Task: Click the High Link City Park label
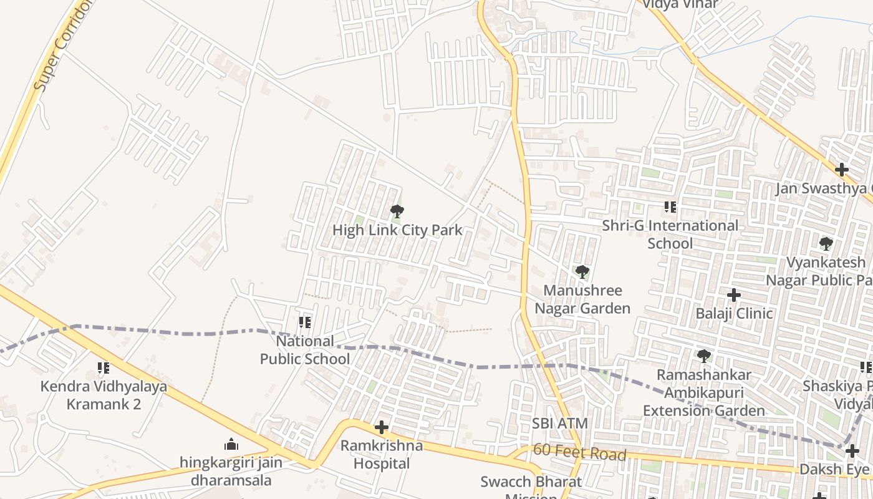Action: point(397,230)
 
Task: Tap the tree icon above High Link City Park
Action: point(397,212)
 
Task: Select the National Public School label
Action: point(305,350)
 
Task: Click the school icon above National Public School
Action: point(305,322)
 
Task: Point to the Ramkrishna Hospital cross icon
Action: point(381,427)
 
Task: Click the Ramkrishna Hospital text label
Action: point(381,455)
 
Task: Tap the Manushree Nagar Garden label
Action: point(582,299)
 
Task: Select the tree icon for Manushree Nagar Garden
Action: point(582,272)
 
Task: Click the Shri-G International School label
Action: point(670,234)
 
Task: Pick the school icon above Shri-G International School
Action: point(670,207)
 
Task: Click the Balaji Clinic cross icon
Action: point(734,294)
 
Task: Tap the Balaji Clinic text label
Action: point(734,313)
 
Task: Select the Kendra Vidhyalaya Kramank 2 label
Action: point(104,395)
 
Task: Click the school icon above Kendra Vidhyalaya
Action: point(104,368)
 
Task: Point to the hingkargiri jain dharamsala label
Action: point(231,472)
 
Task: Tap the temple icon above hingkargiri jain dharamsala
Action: point(231,444)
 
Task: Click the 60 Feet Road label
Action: point(579,453)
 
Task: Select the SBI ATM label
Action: point(559,424)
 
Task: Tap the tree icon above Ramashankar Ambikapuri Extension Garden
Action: point(703,356)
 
